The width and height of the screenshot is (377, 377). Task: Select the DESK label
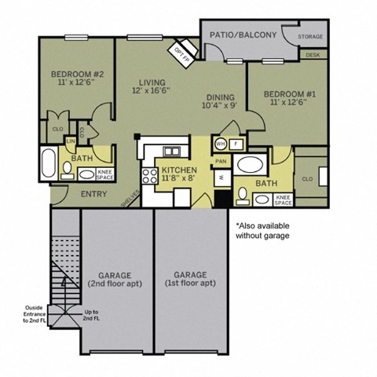pos(313,55)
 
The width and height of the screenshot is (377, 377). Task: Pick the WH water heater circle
pos(221,145)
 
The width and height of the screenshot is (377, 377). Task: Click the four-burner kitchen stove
pos(148,178)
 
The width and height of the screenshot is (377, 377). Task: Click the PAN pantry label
pos(222,162)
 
